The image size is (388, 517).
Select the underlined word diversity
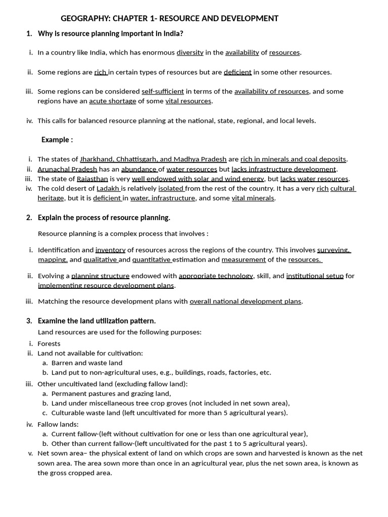coord(190,53)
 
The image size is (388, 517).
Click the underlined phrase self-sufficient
coord(162,91)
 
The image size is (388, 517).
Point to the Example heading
coord(57,140)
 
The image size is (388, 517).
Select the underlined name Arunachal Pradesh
coord(67,169)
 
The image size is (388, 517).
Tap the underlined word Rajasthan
coord(92,179)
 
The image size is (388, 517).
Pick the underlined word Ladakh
coord(108,188)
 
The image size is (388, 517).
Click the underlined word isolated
coord(171,188)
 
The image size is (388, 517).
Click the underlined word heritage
coord(51,198)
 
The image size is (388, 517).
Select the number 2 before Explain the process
coord(29,218)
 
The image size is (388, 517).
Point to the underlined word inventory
coord(110,250)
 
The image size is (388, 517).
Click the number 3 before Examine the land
coord(29,321)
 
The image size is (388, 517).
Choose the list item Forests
coord(49,344)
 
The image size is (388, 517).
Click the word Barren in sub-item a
coord(62,363)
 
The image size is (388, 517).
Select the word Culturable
coord(67,413)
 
